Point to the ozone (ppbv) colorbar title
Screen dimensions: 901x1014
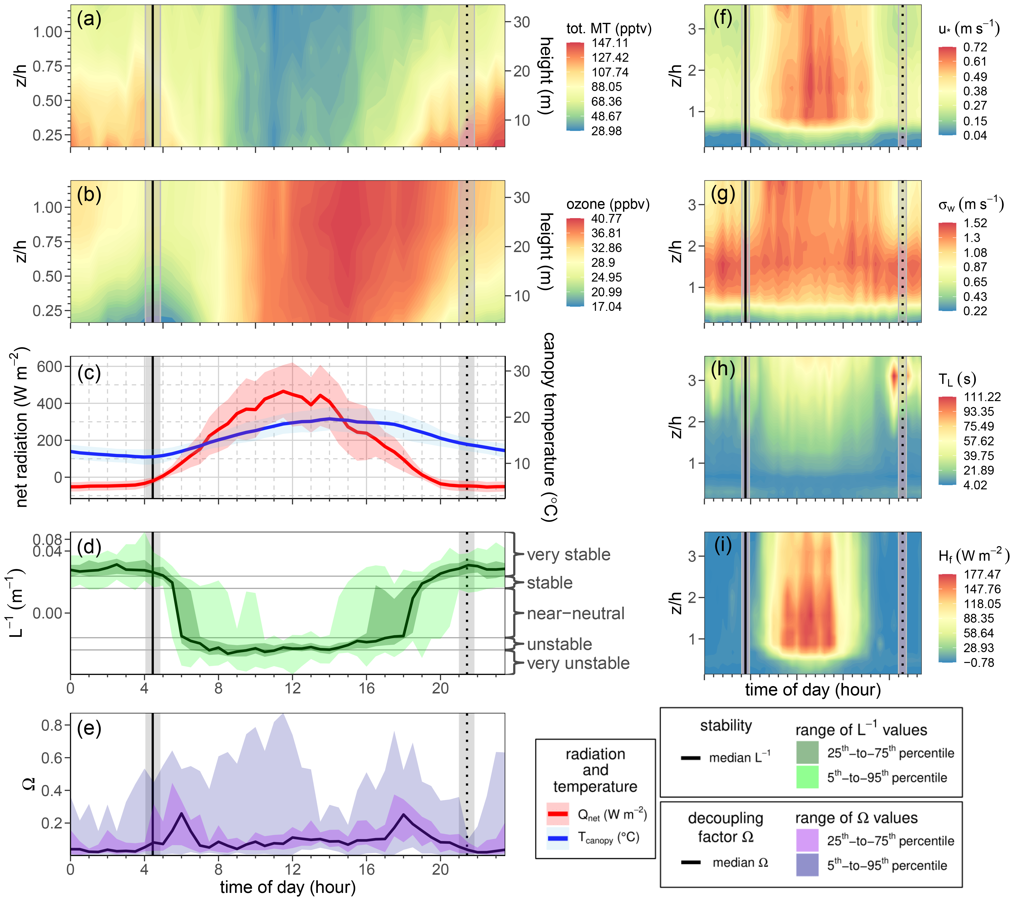pyautogui.click(x=608, y=204)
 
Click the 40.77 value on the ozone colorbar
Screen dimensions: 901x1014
pyautogui.click(x=606, y=219)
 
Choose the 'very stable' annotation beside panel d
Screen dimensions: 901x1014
pyautogui.click(x=568, y=554)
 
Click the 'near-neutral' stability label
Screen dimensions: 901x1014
pyautogui.click(x=575, y=614)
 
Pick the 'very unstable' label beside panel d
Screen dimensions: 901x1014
pyautogui.click(x=578, y=663)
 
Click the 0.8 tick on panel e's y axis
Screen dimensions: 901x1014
pyautogui.click(x=52, y=725)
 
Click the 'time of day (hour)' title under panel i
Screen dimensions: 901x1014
pyautogui.click(x=813, y=690)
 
